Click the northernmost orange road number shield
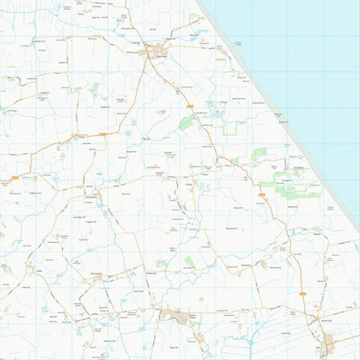pyautogui.click(x=190, y=106)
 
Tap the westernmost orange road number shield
pyautogui.click(x=15, y=177)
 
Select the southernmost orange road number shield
pyautogui.click(x=302, y=293)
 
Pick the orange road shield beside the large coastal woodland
pyautogui.click(x=262, y=192)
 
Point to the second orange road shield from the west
pyautogui.click(x=102, y=134)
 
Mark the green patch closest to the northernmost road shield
pyautogui.click(x=185, y=122)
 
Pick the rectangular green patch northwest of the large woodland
pyautogui.click(x=259, y=153)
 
